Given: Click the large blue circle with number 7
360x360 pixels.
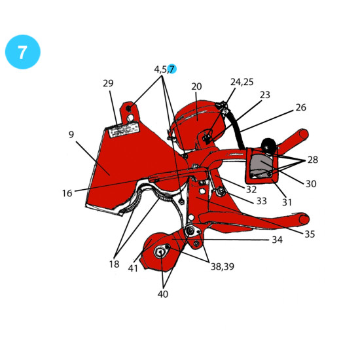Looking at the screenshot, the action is [22, 52].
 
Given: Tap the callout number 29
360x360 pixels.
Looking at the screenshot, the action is [108, 83].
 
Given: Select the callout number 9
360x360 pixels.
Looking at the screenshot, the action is [71, 134].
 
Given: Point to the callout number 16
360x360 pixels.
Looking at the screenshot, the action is [67, 193].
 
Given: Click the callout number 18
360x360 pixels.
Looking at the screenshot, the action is [114, 264].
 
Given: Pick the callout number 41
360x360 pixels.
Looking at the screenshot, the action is [133, 268].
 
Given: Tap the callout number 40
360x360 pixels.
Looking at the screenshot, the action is [163, 294].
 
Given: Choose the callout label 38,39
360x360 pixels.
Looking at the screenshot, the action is [223, 267].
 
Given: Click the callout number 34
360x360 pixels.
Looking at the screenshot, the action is [277, 240].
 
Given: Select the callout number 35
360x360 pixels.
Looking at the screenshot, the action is [310, 234].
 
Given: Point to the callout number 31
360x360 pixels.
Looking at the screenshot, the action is [287, 202].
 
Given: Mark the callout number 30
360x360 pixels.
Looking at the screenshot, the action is [311, 184].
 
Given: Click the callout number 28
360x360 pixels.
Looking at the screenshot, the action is [313, 160].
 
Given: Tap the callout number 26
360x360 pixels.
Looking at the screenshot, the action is [301, 107].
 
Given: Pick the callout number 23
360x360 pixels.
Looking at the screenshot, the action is [265, 95].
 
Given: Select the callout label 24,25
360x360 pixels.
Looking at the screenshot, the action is [242, 82].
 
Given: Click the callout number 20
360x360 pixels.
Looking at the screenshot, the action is [196, 86].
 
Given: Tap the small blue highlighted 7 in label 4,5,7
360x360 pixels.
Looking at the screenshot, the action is [171, 69].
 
